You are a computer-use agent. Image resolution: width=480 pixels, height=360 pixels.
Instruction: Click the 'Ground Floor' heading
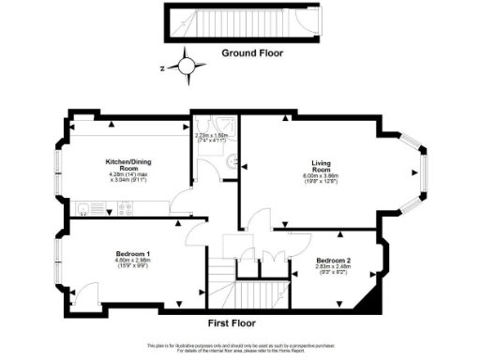pos(252,53)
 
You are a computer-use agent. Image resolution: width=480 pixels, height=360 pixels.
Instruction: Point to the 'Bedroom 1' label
pos(133,255)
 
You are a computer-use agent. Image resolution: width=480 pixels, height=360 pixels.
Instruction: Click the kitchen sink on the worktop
pos(82,209)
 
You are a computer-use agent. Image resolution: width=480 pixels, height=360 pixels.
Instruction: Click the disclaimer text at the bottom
pos(240,349)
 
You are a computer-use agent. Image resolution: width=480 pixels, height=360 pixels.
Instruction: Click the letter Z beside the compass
pos(162,68)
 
